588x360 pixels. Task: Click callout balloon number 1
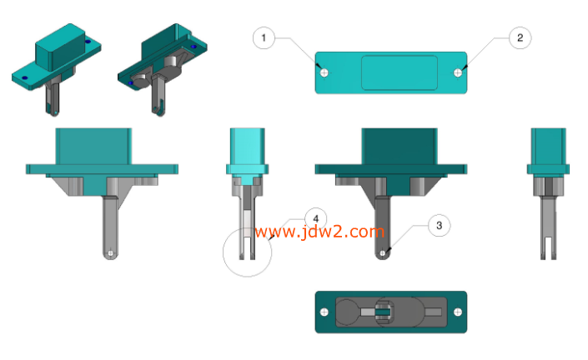tap(264, 37)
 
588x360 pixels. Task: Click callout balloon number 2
tap(520, 37)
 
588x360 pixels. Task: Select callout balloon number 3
tap(440, 226)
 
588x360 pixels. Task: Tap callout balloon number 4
tap(316, 219)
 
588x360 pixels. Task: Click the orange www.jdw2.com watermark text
tap(319, 232)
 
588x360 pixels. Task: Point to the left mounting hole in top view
tap(324, 72)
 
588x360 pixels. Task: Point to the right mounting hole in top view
tap(458, 72)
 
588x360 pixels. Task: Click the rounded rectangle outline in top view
tap(400, 56)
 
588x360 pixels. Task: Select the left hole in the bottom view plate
tap(324, 312)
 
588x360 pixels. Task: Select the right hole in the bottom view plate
tap(458, 312)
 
